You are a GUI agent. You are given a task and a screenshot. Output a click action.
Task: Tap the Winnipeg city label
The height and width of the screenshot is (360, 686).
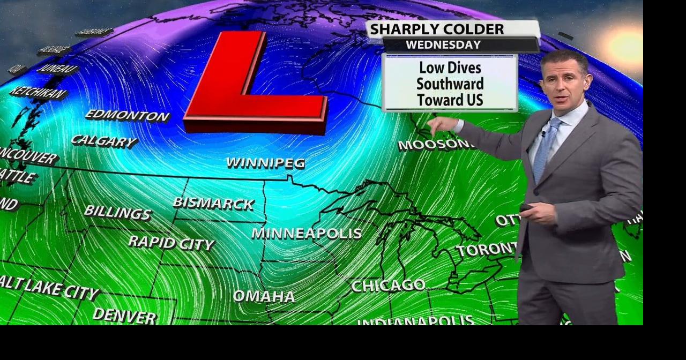click(x=265, y=163)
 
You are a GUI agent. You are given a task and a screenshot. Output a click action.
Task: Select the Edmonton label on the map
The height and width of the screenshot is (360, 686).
click(x=127, y=115)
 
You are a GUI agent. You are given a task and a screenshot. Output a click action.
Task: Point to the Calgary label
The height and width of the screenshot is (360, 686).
click(x=104, y=141)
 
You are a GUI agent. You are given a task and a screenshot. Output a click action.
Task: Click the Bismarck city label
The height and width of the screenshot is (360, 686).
click(x=213, y=204)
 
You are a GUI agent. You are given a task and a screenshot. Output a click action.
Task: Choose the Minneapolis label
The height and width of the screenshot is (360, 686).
click(x=307, y=234)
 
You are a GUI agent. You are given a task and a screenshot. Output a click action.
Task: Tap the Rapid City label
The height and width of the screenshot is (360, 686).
click(x=171, y=243)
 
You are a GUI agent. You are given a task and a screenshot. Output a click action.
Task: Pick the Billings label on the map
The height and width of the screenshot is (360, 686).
click(x=117, y=212)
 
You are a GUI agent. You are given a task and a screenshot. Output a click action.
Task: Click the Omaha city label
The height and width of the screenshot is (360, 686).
click(x=264, y=296)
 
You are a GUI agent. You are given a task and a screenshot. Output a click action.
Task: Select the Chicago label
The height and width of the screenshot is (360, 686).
click(x=388, y=286)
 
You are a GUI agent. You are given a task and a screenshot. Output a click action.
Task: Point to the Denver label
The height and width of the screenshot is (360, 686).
click(x=124, y=316)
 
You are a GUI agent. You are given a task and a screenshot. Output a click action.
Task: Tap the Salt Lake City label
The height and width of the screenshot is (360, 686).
click(x=49, y=288)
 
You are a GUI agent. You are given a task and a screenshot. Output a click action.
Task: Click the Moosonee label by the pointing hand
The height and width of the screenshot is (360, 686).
click(x=435, y=145)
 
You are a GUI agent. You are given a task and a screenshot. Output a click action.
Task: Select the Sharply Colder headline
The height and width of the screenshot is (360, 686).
click(x=437, y=29)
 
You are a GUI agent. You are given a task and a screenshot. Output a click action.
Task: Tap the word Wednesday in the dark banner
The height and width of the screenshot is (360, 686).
click(x=443, y=45)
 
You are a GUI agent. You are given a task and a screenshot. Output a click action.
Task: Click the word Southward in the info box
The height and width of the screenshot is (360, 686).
click(x=450, y=84)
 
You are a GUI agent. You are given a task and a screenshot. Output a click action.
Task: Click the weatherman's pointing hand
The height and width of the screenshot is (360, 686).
click(x=442, y=126)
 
